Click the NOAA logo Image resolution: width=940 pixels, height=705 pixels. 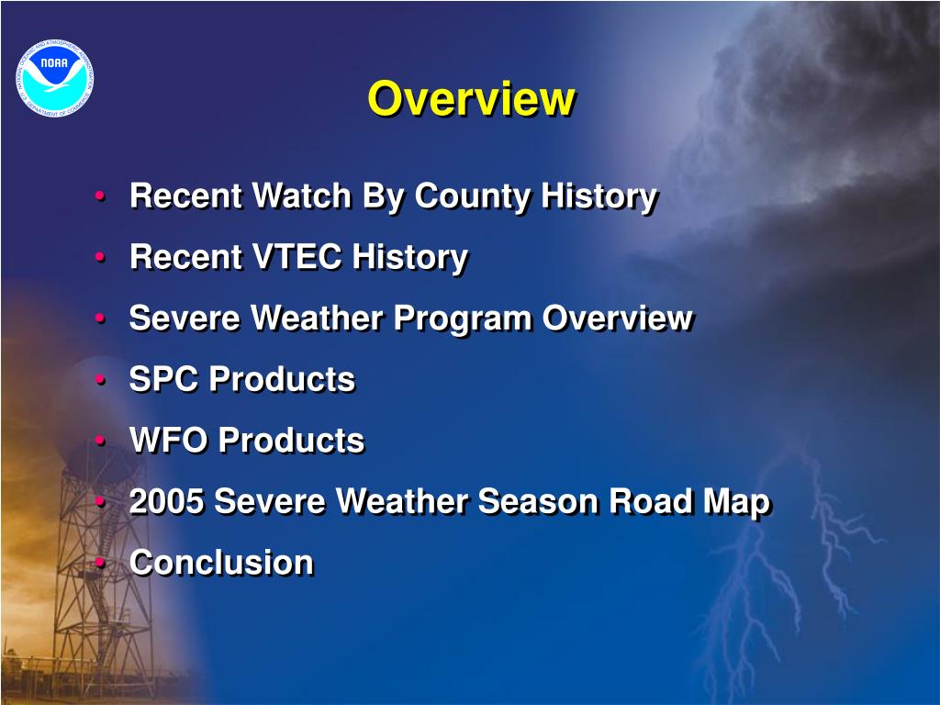(54, 78)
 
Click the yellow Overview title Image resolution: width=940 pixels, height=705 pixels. (472, 98)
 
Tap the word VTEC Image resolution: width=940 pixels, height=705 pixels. (297, 257)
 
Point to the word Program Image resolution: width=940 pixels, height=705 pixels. (463, 319)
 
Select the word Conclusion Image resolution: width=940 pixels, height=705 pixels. (222, 563)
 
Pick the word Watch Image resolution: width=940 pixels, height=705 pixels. (301, 196)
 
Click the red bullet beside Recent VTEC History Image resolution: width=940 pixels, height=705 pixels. (100, 257)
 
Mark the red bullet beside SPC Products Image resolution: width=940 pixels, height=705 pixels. (100, 379)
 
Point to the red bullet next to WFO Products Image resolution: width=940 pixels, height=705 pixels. (100, 440)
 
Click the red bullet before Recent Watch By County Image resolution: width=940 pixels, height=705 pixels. (100, 196)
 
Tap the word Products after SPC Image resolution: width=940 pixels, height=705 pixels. (283, 379)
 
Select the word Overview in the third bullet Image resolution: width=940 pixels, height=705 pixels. (618, 318)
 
